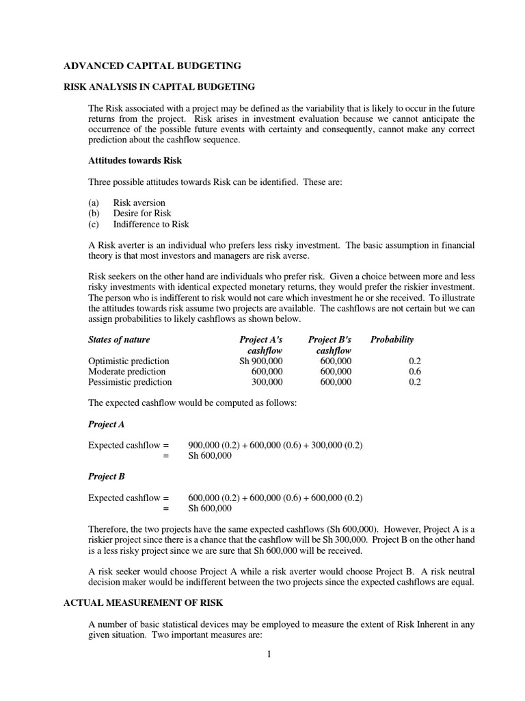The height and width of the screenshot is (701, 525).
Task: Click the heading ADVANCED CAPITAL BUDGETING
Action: coord(152,66)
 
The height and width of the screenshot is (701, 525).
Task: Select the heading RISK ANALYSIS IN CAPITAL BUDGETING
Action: coord(159,87)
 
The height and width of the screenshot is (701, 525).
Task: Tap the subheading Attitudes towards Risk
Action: coord(135,160)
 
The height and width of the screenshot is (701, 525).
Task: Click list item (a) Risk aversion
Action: coord(127,203)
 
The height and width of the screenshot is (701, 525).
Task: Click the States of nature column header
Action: coord(119,340)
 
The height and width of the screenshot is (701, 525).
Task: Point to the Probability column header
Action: coord(392,340)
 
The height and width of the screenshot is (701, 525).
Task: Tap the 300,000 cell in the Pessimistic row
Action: coord(267,382)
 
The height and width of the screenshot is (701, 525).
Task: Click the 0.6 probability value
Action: coord(414,372)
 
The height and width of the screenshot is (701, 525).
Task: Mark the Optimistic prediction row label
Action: coord(129,361)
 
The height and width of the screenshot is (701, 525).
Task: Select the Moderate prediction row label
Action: coord(126,372)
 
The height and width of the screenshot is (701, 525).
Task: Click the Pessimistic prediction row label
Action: coord(130,382)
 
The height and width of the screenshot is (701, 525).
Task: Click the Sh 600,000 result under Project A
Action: coord(210,456)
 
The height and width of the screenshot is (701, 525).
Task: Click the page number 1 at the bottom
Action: coord(269,654)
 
